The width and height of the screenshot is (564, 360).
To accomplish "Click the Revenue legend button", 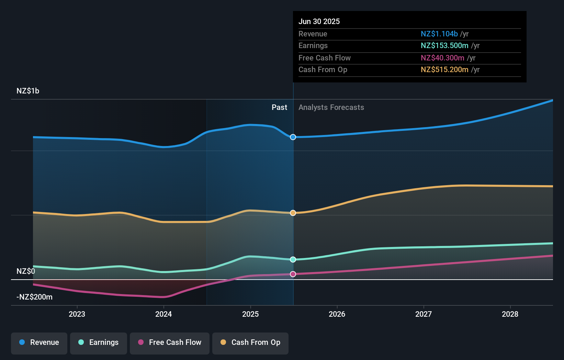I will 39,343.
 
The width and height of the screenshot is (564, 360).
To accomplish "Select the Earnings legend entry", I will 99,343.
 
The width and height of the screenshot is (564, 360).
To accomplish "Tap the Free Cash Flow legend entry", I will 170,343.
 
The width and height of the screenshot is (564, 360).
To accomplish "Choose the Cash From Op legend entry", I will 250,343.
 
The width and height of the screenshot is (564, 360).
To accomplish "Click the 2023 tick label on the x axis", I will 77,314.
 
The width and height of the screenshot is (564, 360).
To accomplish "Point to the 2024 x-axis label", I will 163,314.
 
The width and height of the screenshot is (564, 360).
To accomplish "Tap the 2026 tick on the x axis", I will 337,314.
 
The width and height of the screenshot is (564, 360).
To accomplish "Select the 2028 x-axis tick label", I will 510,314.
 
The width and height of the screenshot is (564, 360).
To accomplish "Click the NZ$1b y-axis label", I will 28,91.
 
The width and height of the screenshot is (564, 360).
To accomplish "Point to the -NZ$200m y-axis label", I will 35,297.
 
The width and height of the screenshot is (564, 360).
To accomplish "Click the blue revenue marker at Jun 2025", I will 293,137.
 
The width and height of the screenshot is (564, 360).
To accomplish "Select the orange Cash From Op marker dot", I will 293,213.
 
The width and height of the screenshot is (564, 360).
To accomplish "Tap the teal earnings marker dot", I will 293,260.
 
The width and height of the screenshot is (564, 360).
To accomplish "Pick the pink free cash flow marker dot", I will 293,274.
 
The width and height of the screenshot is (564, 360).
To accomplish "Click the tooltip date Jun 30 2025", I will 319,22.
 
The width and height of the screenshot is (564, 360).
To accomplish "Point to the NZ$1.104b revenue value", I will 439,34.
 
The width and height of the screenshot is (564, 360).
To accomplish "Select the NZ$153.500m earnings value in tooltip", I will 444,46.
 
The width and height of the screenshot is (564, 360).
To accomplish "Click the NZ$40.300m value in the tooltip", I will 442,58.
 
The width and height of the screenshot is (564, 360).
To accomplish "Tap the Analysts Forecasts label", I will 331,108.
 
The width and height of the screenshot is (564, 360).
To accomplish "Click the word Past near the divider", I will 279,108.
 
